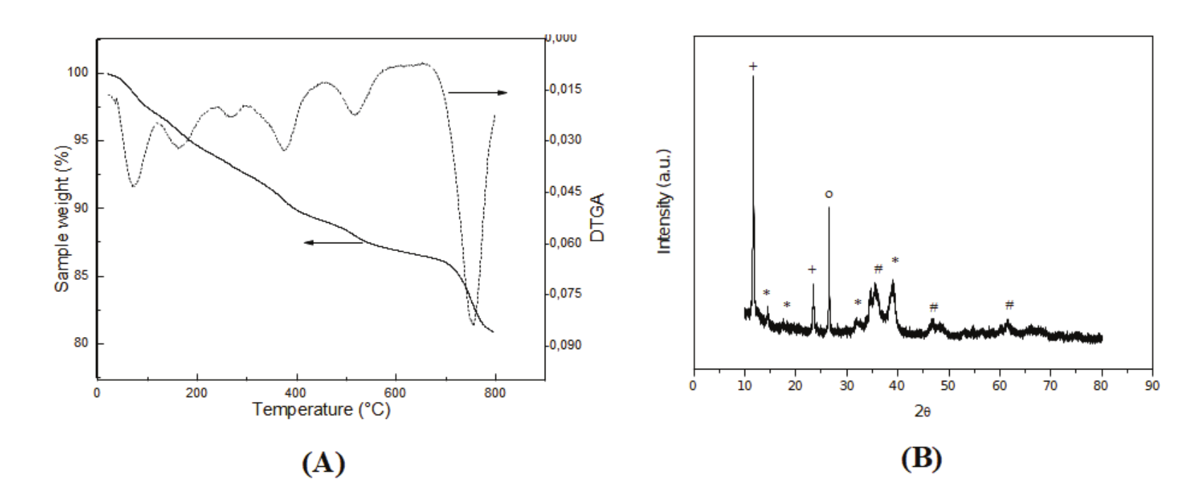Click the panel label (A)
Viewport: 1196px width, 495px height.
click(x=324, y=463)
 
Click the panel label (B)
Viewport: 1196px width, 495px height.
click(x=922, y=458)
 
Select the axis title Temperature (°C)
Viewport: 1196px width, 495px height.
click(x=321, y=410)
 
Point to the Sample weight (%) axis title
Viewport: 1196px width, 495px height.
click(x=63, y=219)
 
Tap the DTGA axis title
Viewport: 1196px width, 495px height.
click(x=598, y=218)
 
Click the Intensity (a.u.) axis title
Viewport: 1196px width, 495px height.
click(x=663, y=202)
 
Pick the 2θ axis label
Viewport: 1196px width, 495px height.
click(x=922, y=411)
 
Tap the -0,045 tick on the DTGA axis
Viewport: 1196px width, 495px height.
click(x=565, y=191)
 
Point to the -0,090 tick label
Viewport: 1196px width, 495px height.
click(x=565, y=345)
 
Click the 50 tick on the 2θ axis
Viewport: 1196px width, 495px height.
click(x=948, y=386)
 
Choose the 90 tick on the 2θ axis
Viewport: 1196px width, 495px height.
click(x=1152, y=386)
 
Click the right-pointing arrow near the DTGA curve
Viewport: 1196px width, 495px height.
click(x=478, y=92)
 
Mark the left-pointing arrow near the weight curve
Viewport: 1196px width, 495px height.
click(x=333, y=243)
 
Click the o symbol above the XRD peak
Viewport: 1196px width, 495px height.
click(x=828, y=193)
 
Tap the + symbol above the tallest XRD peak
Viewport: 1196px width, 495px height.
click(x=753, y=66)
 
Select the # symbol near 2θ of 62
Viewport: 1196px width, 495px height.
click(x=1009, y=305)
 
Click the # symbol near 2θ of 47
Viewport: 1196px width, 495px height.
click(x=934, y=307)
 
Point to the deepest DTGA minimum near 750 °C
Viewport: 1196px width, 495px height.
click(x=473, y=323)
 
